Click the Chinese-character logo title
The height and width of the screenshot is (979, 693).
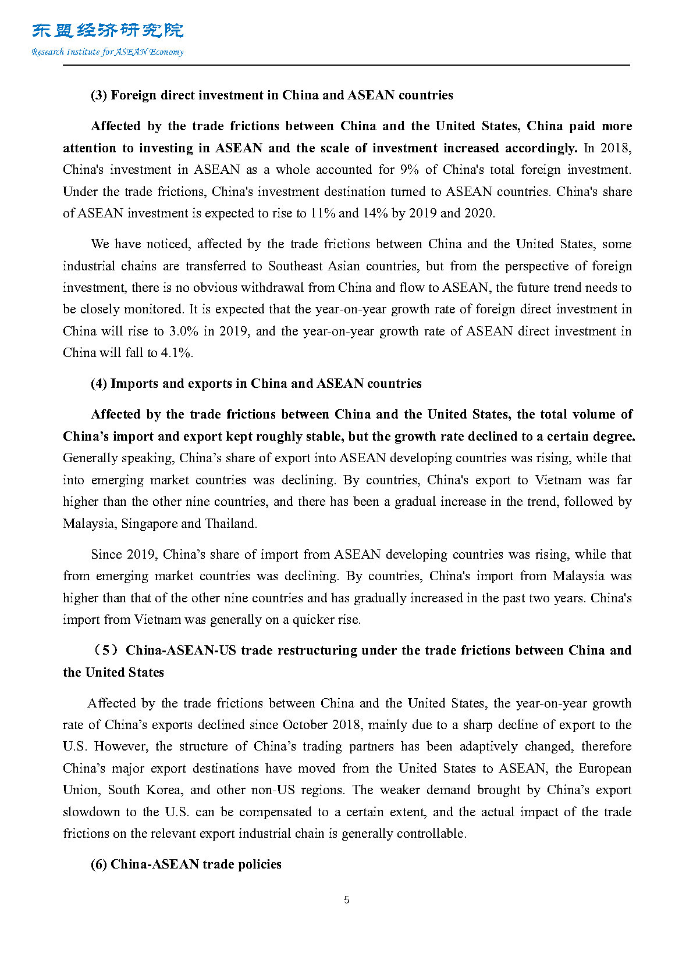pos(108,30)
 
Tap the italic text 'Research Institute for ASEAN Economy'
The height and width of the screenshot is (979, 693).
pos(108,52)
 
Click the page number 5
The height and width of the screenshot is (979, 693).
pos(347,900)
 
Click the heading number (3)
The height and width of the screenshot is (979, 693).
pos(99,95)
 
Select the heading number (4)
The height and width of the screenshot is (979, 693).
pos(99,384)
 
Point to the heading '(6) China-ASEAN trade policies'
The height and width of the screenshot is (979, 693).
pos(186,864)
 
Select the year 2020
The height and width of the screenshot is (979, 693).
pos(478,213)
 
